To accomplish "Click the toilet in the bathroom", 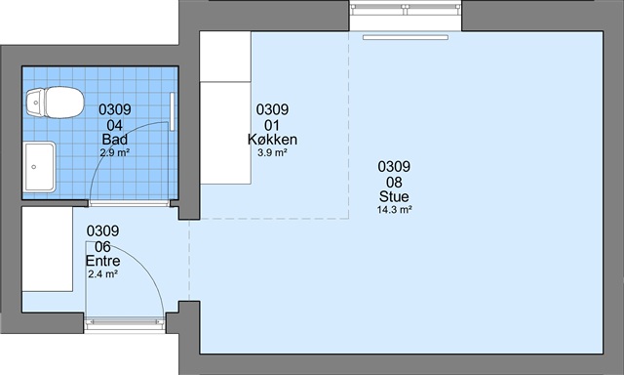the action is point(56,103).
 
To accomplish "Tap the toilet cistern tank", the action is point(35,103).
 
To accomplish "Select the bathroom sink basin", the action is point(40,167).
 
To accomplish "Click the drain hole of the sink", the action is point(34,167).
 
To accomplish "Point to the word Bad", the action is point(115,140).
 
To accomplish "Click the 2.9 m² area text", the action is point(115,151).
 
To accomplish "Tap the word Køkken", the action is point(272,140).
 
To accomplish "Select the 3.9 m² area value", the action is point(272,152).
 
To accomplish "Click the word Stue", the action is point(394,196).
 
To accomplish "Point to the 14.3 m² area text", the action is point(394,210).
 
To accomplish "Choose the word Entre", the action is point(102,261).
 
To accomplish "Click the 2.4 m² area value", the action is point(102,274).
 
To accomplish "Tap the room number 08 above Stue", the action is point(394,183).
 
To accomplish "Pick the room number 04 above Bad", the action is point(115,126).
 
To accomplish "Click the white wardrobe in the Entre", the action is point(48,249).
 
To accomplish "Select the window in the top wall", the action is point(406,9).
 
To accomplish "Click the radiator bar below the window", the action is point(406,37).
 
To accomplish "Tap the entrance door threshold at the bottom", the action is point(125,323).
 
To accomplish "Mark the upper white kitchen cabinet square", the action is point(225,57).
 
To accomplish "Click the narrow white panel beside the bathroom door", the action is point(173,111).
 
